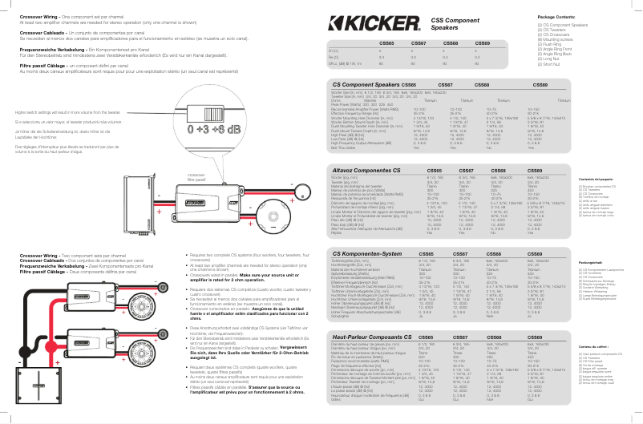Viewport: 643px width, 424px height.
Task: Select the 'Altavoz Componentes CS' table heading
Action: point(370,171)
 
